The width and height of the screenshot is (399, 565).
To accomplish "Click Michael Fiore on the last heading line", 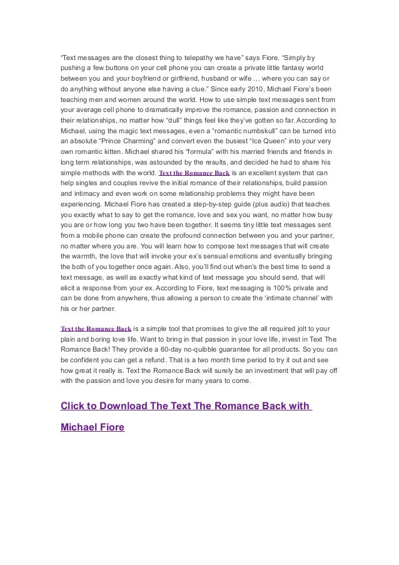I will [x=92, y=427].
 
